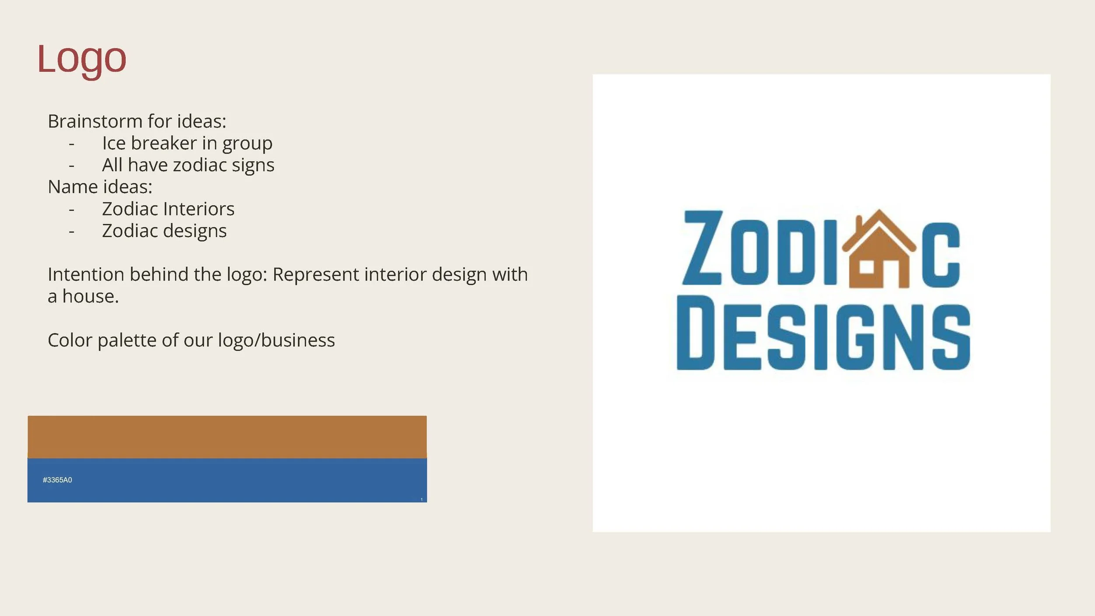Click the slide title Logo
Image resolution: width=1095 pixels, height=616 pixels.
click(x=82, y=59)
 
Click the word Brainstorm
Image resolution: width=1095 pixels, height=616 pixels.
click(x=95, y=121)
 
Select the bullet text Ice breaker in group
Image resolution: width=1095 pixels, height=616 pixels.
click(x=187, y=144)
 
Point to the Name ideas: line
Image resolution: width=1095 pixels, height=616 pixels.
click(x=100, y=187)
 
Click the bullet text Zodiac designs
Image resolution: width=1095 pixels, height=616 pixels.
click(x=164, y=231)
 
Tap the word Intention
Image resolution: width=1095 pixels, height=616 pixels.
click(x=85, y=275)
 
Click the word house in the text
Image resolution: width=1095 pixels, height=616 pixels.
click(x=90, y=296)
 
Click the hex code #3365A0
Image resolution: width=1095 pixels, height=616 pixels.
click(x=57, y=480)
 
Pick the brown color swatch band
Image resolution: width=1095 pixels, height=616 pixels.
click(x=227, y=436)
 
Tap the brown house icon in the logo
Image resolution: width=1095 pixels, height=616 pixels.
click(x=879, y=252)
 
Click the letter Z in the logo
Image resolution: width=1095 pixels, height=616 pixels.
click(x=702, y=248)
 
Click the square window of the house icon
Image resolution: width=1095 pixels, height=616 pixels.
click(x=866, y=267)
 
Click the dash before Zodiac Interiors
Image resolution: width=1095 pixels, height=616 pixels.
click(x=72, y=210)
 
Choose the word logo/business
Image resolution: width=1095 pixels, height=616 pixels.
click(x=276, y=340)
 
